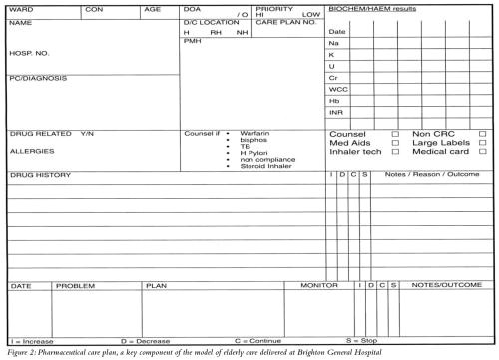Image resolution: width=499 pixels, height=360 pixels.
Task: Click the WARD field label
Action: click(20, 9)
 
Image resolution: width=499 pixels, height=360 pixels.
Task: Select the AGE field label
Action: click(152, 9)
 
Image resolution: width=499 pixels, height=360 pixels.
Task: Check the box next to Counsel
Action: click(395, 133)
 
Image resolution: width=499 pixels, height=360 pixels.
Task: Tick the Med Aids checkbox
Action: click(395, 143)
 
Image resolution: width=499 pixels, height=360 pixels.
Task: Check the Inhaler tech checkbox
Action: click(395, 152)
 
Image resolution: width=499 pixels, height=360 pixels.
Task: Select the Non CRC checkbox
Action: click(483, 133)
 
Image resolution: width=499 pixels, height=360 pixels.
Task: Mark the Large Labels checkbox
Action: click(483, 143)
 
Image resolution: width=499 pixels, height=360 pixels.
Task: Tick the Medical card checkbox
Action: click(483, 152)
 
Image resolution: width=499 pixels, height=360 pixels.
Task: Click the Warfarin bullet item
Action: click(255, 133)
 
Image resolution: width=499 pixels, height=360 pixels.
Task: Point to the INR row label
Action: click(336, 113)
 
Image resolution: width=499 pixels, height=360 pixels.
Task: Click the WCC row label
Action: click(339, 89)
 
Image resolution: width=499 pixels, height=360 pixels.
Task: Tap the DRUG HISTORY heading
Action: click(40, 175)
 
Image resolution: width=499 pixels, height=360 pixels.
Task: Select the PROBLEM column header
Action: click(75, 286)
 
